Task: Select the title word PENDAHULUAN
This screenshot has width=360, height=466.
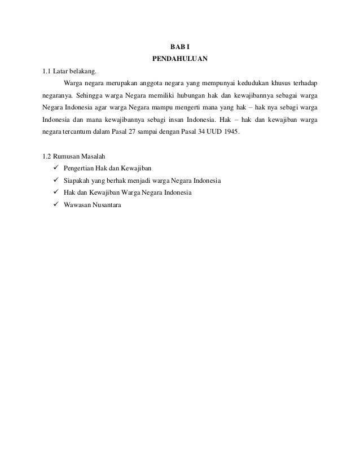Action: [180, 58]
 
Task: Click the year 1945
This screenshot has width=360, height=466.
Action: [231, 132]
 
